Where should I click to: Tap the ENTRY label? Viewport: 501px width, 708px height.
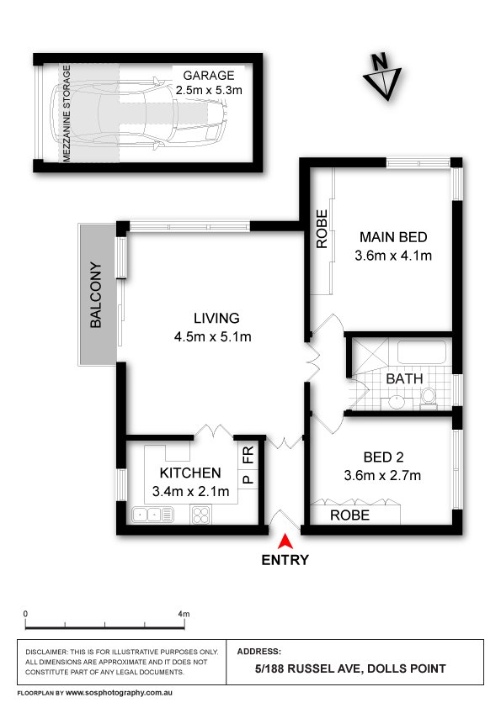click(286, 560)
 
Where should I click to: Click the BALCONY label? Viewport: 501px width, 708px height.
click(96, 296)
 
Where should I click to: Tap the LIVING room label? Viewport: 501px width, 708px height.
click(216, 319)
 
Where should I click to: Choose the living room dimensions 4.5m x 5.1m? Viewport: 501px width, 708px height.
click(216, 337)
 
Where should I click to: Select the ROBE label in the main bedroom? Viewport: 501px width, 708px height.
click(322, 229)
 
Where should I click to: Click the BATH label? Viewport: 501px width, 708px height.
click(404, 379)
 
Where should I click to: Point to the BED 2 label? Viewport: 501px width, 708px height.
click(383, 458)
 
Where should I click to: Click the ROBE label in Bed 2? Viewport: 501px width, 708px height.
click(349, 515)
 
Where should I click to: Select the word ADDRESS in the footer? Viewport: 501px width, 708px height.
click(259, 651)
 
